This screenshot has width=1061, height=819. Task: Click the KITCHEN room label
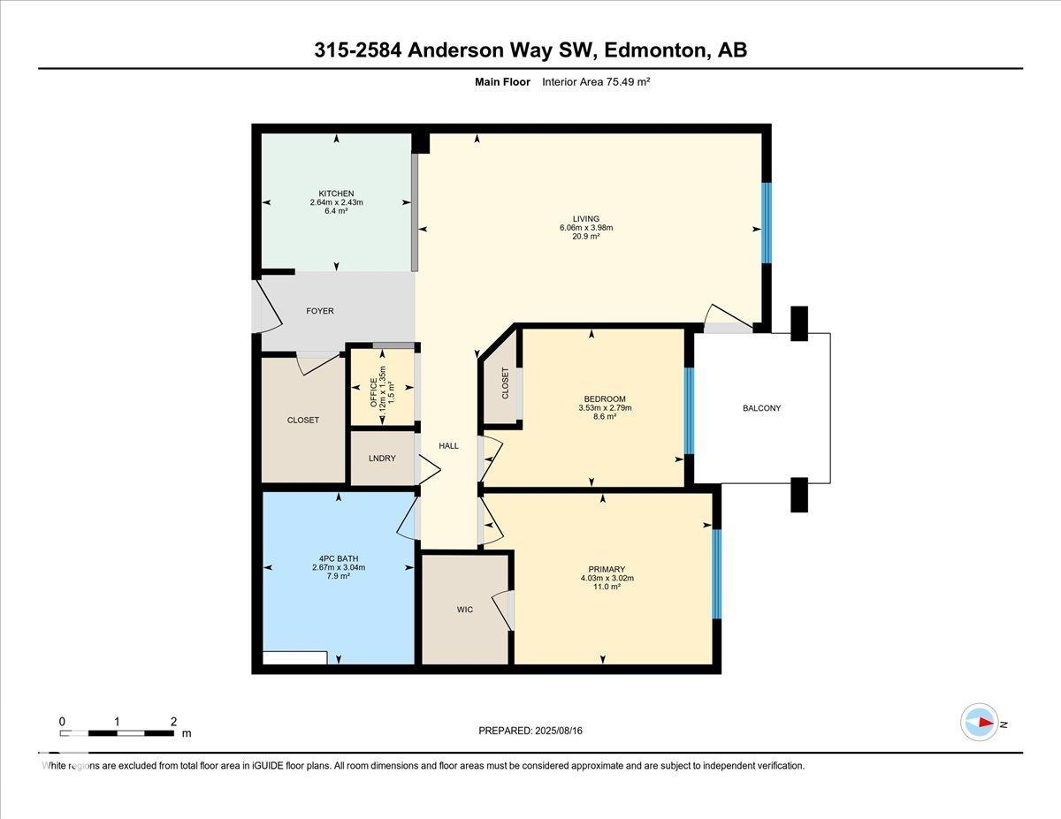[x=336, y=193]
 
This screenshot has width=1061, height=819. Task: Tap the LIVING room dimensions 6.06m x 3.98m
[x=585, y=228]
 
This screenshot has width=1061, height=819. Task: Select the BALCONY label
[x=761, y=408]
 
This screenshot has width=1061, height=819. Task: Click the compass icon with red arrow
[x=980, y=722]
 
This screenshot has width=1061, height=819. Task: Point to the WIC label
[x=465, y=610]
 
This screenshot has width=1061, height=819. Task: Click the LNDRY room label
[x=382, y=459]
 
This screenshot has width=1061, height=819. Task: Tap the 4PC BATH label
[x=338, y=558]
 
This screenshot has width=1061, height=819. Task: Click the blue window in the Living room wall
[x=767, y=223]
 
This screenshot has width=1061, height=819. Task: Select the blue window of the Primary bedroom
[x=717, y=574]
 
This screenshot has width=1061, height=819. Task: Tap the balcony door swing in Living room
[x=727, y=316]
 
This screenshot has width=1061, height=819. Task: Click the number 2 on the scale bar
[x=173, y=721]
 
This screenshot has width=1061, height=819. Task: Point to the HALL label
[x=449, y=446]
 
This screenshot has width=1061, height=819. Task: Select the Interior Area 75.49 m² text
[x=597, y=82]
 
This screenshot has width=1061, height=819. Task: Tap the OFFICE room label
[x=372, y=389]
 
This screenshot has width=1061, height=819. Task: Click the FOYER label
[x=320, y=311]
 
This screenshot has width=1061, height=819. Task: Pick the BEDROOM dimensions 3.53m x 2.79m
[x=604, y=408]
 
